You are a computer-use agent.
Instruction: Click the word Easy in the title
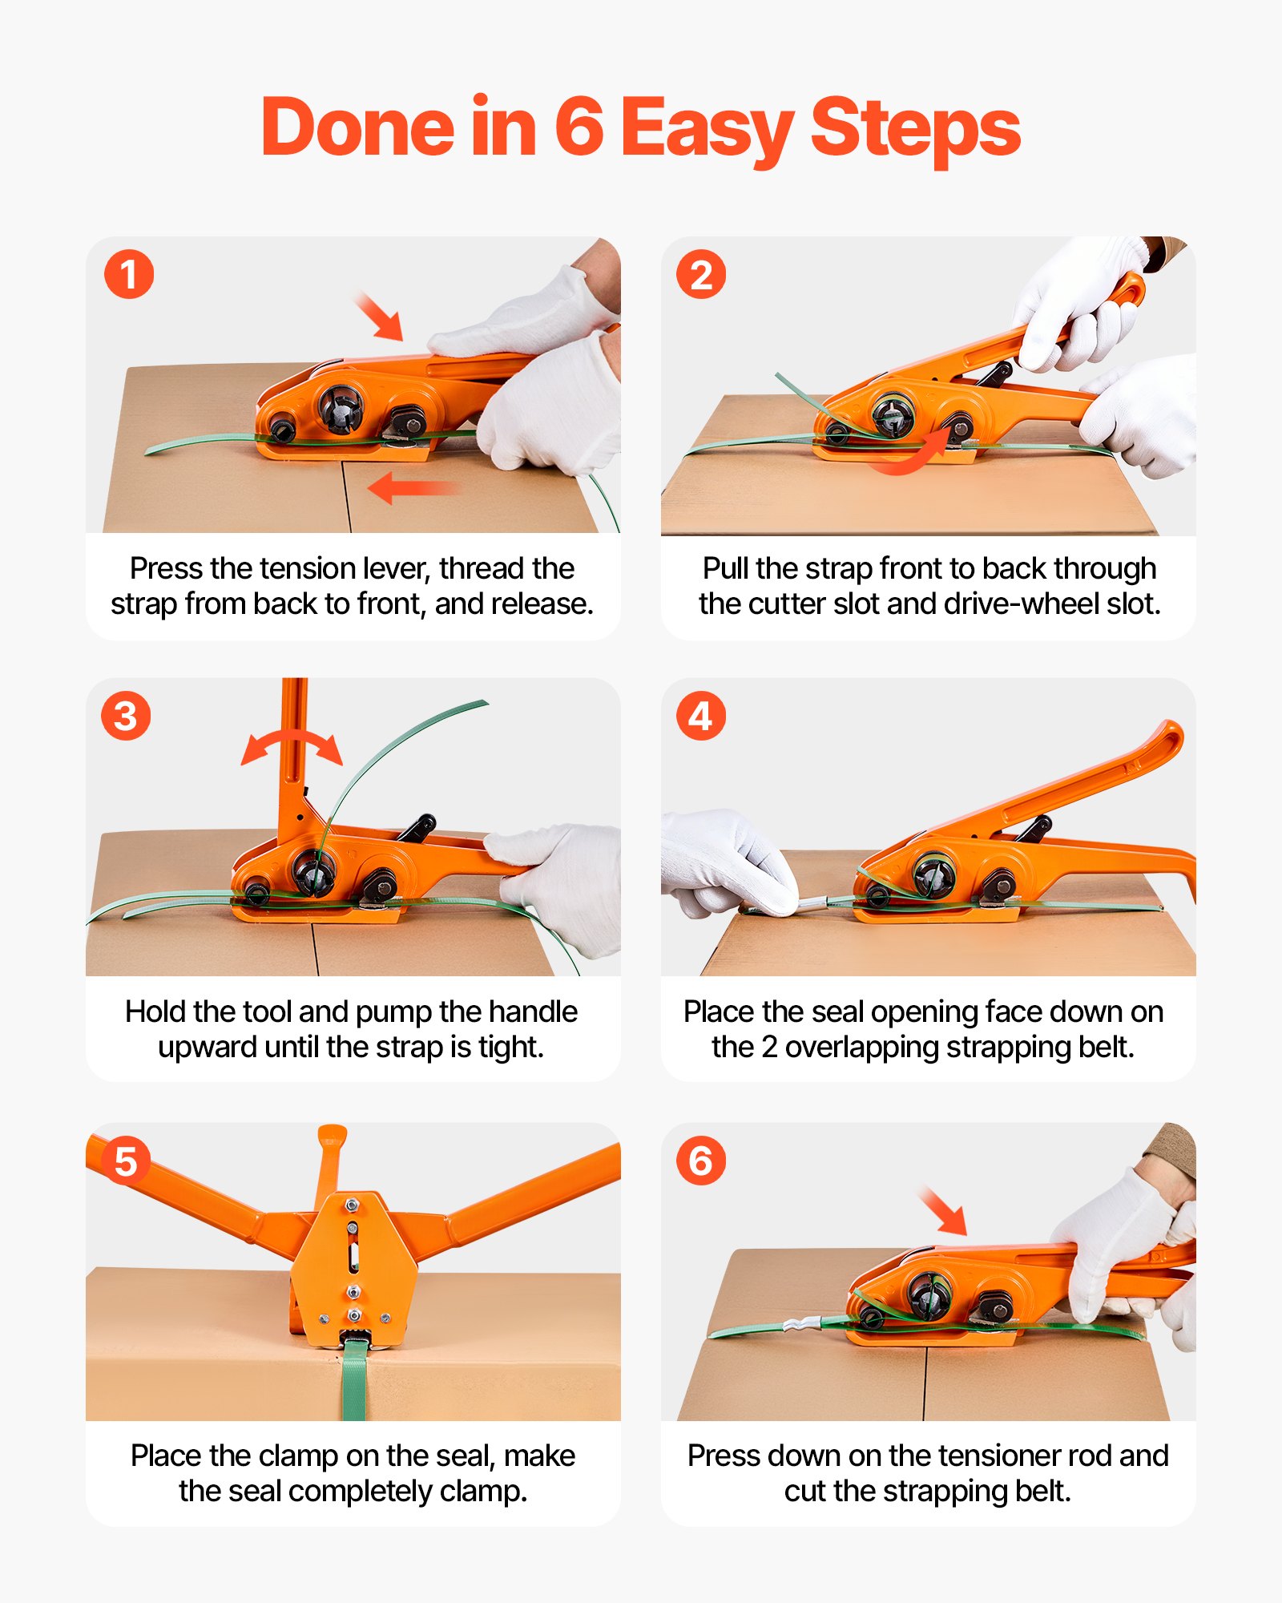(707, 128)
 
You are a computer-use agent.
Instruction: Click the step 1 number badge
(128, 275)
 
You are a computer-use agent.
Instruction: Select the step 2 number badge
(701, 275)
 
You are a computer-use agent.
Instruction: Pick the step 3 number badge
(126, 716)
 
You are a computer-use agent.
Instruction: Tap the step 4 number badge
(701, 716)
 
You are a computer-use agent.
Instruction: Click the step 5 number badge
(126, 1161)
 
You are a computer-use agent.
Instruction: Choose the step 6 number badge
(701, 1161)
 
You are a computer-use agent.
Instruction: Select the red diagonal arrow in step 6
(943, 1211)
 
